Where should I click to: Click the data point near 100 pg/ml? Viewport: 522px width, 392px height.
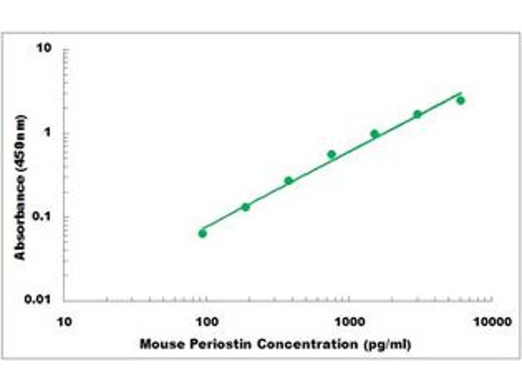[202, 233]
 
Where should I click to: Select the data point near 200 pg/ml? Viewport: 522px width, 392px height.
[246, 207]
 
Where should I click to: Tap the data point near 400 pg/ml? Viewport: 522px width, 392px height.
[288, 180]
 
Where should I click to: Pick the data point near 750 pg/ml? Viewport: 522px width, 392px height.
[331, 154]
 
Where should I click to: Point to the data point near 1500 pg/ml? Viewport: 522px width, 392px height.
[375, 134]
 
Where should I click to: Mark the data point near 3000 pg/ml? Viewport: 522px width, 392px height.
[418, 114]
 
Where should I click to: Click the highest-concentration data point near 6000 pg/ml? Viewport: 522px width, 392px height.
[461, 101]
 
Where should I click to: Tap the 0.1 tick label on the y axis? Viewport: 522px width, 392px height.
[43, 217]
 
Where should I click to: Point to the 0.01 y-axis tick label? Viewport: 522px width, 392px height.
[40, 301]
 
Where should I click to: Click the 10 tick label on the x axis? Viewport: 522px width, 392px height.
[64, 321]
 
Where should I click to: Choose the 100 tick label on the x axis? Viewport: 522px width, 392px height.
[207, 321]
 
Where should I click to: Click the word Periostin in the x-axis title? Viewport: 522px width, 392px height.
[206, 344]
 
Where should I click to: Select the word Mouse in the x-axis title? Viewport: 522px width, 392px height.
[159, 344]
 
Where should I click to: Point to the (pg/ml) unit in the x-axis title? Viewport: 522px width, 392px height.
[389, 344]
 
